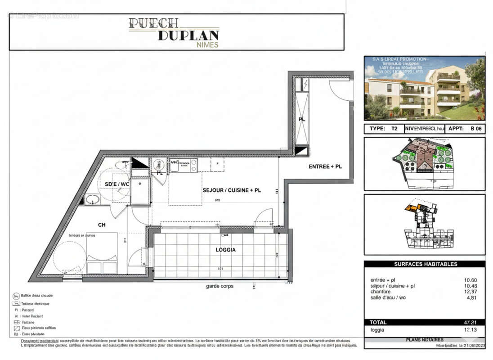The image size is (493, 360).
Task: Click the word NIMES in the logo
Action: (x=208, y=45)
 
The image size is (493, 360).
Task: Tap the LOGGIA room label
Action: (x=226, y=249)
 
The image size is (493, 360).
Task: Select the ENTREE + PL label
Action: (x=325, y=166)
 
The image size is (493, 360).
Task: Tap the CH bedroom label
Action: (x=102, y=224)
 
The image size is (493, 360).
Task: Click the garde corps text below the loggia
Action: (x=220, y=286)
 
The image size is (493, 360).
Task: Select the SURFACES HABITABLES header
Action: (x=426, y=264)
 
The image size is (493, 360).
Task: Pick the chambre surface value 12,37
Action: (x=471, y=292)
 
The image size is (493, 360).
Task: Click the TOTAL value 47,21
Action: (x=471, y=322)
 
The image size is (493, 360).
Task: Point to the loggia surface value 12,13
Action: (x=471, y=330)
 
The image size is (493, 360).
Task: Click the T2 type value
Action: (x=394, y=129)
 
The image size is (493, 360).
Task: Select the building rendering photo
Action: (x=424, y=88)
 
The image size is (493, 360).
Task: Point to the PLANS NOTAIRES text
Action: (x=425, y=340)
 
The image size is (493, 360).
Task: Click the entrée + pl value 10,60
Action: (x=471, y=280)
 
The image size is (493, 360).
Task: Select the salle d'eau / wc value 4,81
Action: (x=471, y=297)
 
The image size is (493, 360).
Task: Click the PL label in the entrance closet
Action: (x=302, y=119)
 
